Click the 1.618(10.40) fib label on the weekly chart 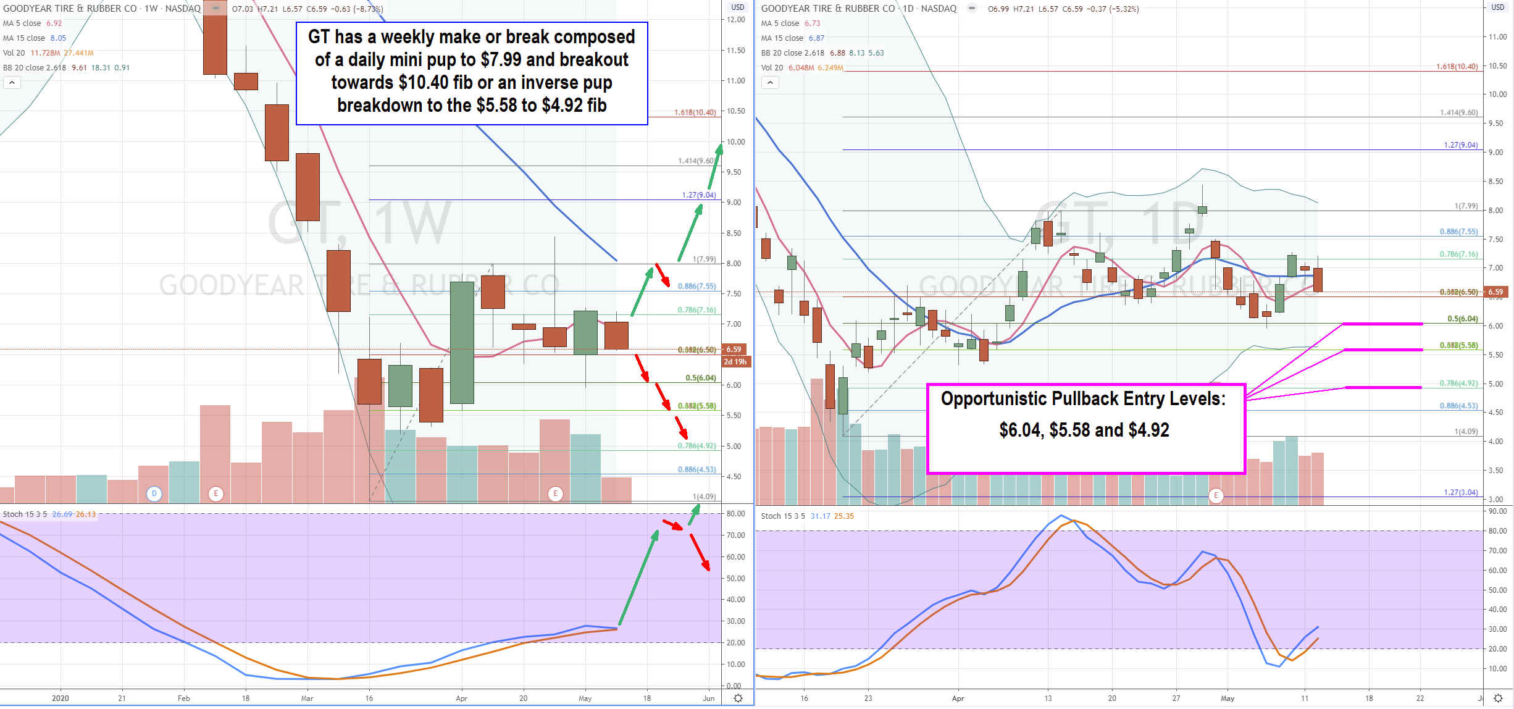coord(695,112)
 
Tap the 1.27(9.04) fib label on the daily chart coord(1460,145)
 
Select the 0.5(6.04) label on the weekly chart coord(700,378)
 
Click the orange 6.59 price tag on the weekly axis coord(734,350)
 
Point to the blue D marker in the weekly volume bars coord(154,493)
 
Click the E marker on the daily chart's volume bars coord(1216,495)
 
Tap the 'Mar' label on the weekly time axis coord(307,699)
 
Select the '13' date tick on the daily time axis coord(1048,699)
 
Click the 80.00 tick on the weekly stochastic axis coord(735,514)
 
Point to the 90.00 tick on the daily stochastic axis coord(1497,511)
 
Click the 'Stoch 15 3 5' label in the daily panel coord(782,516)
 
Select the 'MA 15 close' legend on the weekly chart coord(24,38)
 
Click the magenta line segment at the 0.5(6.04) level coord(1382,324)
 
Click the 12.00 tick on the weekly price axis coord(735,20)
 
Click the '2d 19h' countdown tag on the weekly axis coord(735,362)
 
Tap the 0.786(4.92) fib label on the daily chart coord(1458,384)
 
